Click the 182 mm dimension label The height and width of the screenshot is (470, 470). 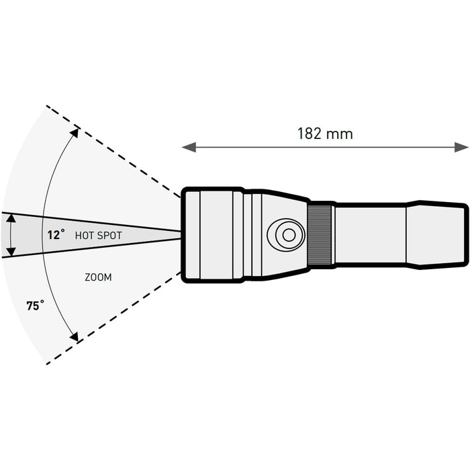click(325, 134)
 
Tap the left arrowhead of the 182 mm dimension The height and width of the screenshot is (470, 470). click(189, 147)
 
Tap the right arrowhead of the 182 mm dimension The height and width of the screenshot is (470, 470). click(461, 147)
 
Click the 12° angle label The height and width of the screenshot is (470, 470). click(56, 235)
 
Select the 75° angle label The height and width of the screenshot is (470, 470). click(35, 305)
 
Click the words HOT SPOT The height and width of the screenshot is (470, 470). click(98, 236)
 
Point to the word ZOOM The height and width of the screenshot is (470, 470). click(98, 277)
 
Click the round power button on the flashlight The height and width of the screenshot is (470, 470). click(286, 235)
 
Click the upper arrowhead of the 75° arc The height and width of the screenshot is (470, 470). click(75, 133)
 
